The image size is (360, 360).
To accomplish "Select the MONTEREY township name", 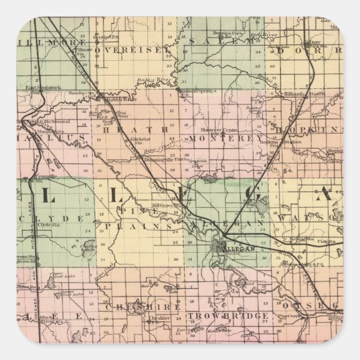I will pyautogui.click(x=226, y=137).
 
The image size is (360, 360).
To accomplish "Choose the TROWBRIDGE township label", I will pyautogui.click(x=228, y=316).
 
